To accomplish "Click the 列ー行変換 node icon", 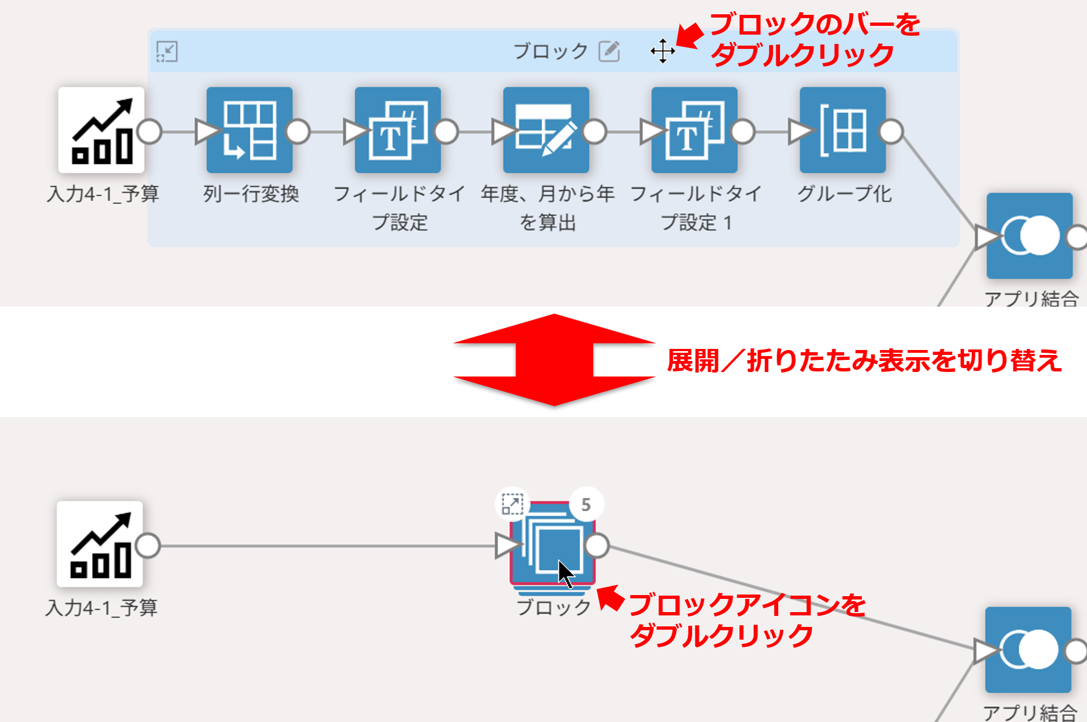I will (x=249, y=130).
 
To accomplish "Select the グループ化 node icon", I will (x=843, y=130).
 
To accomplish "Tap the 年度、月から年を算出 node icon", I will (x=546, y=130).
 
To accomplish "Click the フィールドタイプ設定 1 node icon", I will (x=694, y=130).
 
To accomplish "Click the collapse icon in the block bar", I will (x=167, y=52).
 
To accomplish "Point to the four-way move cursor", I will (x=662, y=51).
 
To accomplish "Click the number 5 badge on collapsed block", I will (x=586, y=504).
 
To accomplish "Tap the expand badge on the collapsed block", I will (x=512, y=504).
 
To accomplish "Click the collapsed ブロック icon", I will (x=553, y=544).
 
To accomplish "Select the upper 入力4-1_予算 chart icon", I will (x=102, y=130).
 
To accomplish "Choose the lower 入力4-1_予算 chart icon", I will (x=100, y=544).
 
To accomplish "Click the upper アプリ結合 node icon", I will (x=1029, y=236).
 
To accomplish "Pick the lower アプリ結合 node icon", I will (x=1028, y=650).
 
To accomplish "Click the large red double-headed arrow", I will (x=554, y=360).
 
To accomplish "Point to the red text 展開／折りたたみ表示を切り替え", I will (x=864, y=361).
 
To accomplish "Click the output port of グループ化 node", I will (x=891, y=132).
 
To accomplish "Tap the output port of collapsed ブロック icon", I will (x=597, y=546).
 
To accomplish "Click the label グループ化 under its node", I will (x=844, y=194).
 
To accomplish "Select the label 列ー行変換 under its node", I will (x=251, y=194).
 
